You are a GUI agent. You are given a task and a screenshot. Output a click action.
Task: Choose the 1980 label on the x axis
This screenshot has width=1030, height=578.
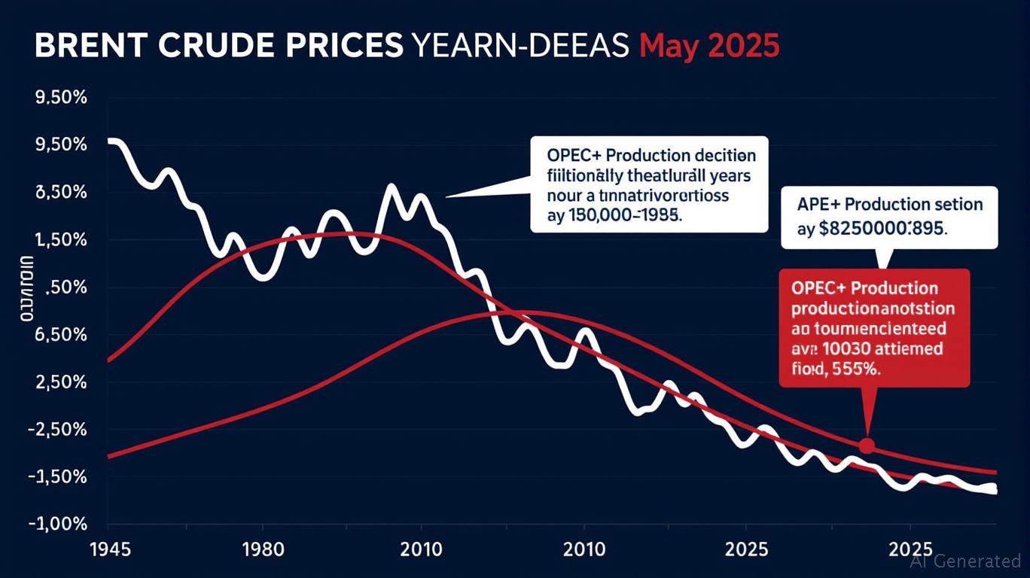(265, 548)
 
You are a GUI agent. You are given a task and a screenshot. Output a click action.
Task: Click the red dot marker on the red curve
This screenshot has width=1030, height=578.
(867, 446)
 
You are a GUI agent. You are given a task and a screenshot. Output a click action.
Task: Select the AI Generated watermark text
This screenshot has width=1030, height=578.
(965, 561)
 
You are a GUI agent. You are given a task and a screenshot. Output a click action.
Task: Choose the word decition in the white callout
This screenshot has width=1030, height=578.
(720, 157)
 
